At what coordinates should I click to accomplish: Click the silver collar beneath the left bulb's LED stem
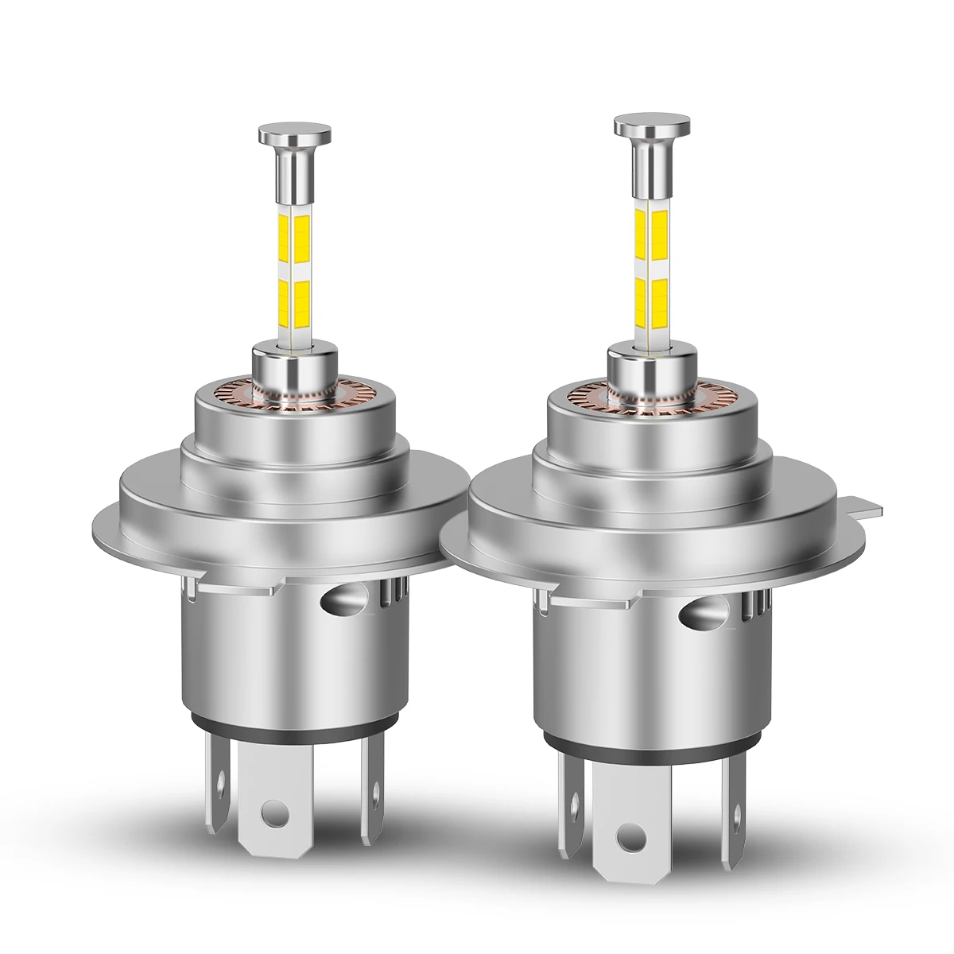point(287,366)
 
